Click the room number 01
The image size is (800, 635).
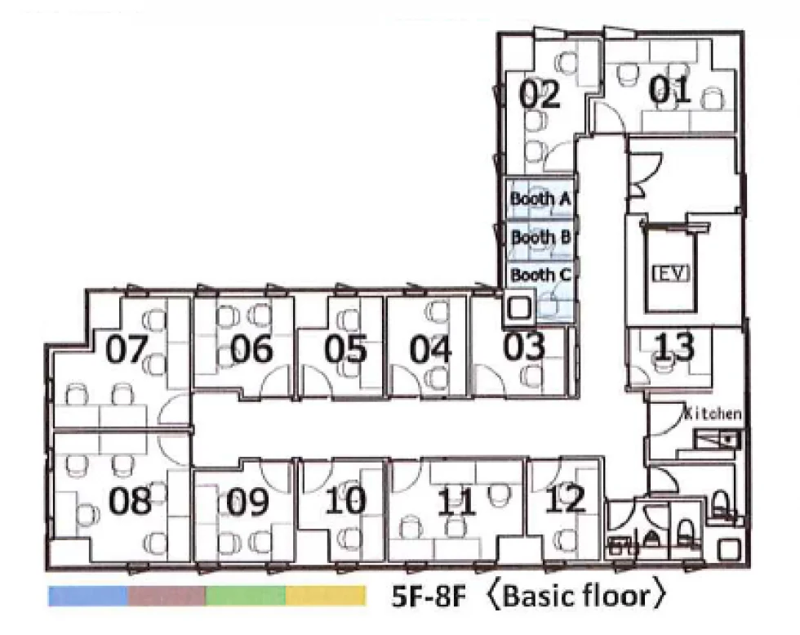pyautogui.click(x=669, y=90)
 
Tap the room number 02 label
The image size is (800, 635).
pyautogui.click(x=540, y=95)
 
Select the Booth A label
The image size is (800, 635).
pyautogui.click(x=540, y=199)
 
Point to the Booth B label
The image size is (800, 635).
pyautogui.click(x=540, y=237)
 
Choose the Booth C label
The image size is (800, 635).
pyautogui.click(x=540, y=275)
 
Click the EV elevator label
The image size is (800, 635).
pyautogui.click(x=671, y=273)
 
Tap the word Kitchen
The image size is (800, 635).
pyautogui.click(x=713, y=413)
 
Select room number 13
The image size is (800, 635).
pyautogui.click(x=674, y=347)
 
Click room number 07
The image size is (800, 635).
pyautogui.click(x=127, y=350)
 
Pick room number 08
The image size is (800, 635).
pyautogui.click(x=130, y=500)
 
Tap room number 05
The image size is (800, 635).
pyautogui.click(x=345, y=349)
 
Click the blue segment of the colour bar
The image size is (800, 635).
pyautogui.click(x=88, y=596)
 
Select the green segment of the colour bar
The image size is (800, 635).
pyautogui.click(x=246, y=596)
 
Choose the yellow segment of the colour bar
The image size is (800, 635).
pyautogui.click(x=326, y=596)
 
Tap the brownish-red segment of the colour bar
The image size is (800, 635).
pyautogui.click(x=167, y=596)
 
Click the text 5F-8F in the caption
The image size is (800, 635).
pyautogui.click(x=429, y=597)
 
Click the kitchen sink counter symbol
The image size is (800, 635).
pyautogui.click(x=718, y=440)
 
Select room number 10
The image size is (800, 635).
pyautogui.click(x=345, y=500)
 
